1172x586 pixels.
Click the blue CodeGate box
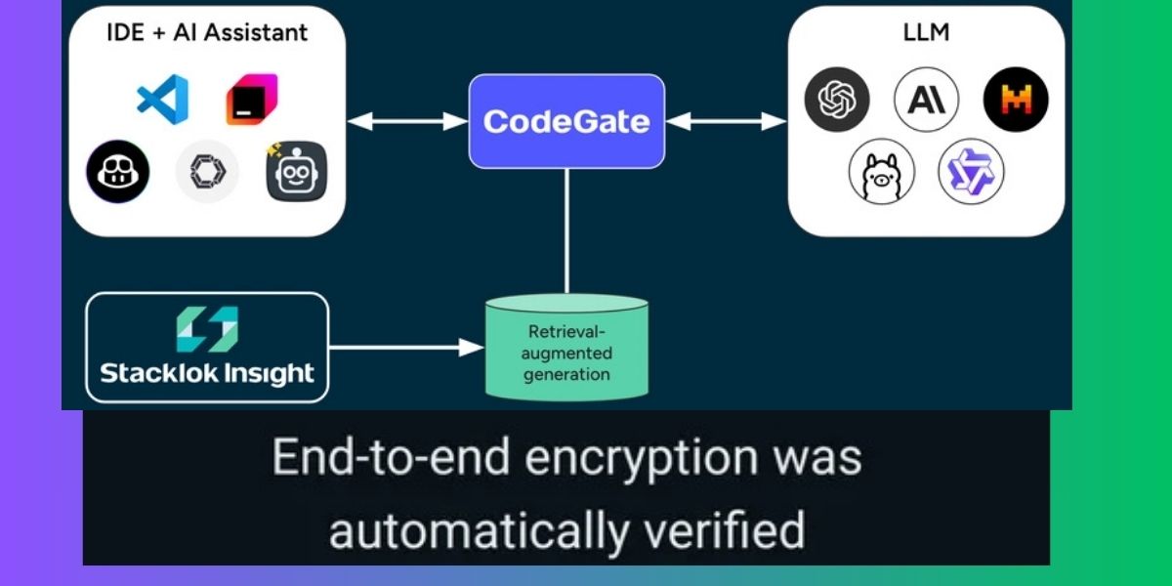pyautogui.click(x=566, y=121)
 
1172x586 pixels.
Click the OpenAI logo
pyautogui.click(x=837, y=100)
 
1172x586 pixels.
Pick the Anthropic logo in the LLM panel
pyautogui.click(x=926, y=100)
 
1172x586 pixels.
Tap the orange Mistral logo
pyautogui.click(x=1016, y=100)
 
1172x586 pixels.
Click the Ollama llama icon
pyautogui.click(x=881, y=173)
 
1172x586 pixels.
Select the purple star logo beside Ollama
pyautogui.click(x=971, y=171)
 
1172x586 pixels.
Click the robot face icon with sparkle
pyautogui.click(x=296, y=172)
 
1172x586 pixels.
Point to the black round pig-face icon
pyautogui.click(x=116, y=172)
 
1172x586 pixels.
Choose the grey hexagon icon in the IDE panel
pyautogui.click(x=206, y=172)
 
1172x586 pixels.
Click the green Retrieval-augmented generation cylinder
pyautogui.click(x=566, y=348)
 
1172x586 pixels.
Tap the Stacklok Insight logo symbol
pyautogui.click(x=207, y=330)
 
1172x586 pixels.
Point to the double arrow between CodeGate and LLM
pyautogui.click(x=727, y=121)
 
